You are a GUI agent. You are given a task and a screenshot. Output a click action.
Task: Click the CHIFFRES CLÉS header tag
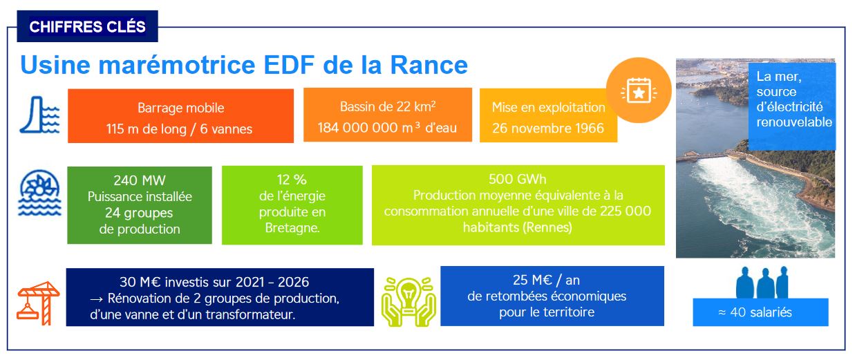pyautogui.click(x=87, y=26)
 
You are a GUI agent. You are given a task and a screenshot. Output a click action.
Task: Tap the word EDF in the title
pyautogui.click(x=289, y=65)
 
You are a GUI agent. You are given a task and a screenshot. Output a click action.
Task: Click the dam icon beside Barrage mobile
pyautogui.click(x=39, y=115)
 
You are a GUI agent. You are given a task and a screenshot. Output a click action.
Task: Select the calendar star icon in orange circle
pyautogui.click(x=639, y=91)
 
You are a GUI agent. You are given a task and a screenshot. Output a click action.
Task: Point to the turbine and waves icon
pyautogui.click(x=39, y=193)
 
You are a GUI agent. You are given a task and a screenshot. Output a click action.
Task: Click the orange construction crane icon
pyautogui.click(x=38, y=303)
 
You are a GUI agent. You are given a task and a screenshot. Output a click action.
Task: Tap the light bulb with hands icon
pyautogui.click(x=408, y=301)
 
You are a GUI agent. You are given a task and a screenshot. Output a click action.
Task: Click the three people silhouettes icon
pyautogui.click(x=762, y=282)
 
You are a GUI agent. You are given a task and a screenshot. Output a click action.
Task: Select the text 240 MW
pyautogui.click(x=140, y=180)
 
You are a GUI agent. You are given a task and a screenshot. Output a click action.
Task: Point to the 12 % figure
pyautogui.click(x=292, y=180)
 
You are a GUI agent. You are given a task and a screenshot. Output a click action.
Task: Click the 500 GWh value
pyautogui.click(x=518, y=179)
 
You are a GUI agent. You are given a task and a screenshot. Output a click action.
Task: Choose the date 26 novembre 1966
pyautogui.click(x=548, y=128)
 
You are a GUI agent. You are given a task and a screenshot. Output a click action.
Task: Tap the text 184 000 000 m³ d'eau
pyautogui.click(x=387, y=128)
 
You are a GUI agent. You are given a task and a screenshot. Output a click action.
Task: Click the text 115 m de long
pyautogui.click(x=146, y=129)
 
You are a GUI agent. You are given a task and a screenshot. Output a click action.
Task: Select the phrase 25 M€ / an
pyautogui.click(x=546, y=281)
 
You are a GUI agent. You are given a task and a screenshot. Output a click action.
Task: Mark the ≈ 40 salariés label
pyautogui.click(x=755, y=312)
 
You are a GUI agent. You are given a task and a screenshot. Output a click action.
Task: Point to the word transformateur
pyautogui.click(x=250, y=314)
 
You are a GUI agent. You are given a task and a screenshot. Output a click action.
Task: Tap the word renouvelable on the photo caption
pyautogui.click(x=794, y=122)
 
